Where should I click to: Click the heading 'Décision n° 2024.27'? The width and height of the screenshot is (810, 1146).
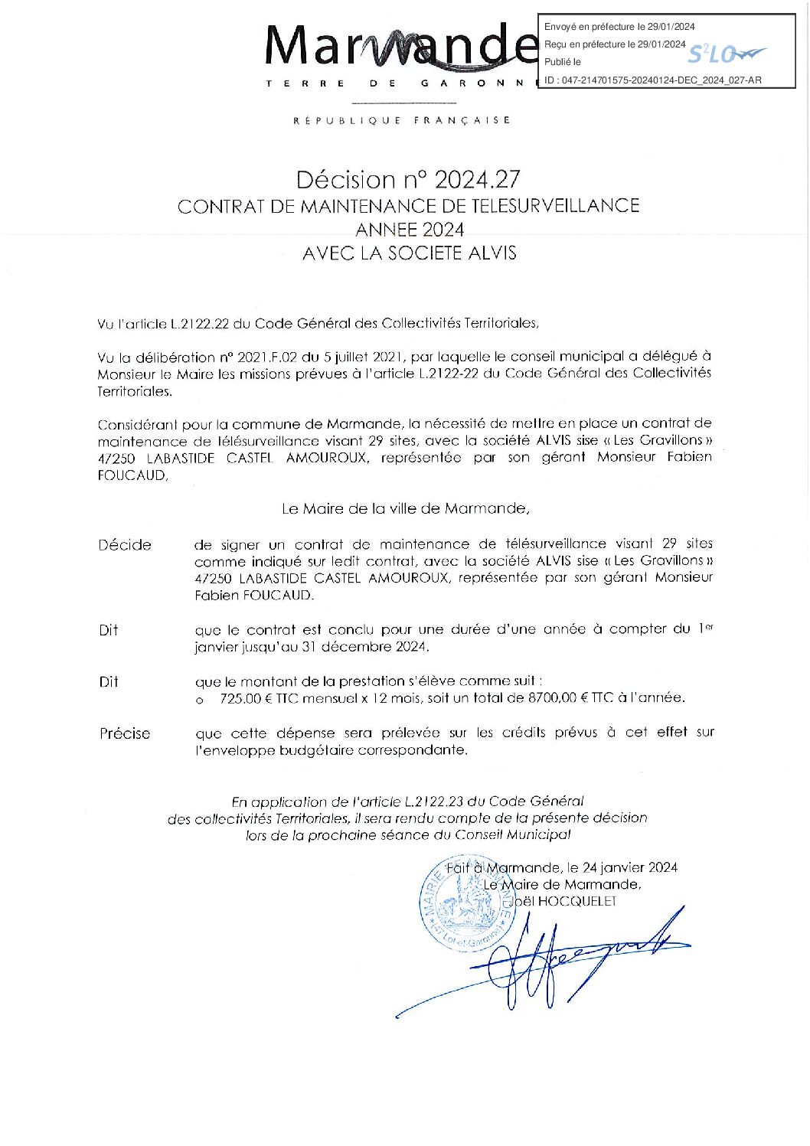408,179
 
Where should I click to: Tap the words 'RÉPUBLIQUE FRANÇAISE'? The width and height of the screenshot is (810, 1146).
402,120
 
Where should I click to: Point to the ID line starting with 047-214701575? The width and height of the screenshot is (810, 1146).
652,80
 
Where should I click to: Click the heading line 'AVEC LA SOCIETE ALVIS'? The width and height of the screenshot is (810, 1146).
409,253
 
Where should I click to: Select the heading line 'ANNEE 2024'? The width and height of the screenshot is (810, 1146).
409,230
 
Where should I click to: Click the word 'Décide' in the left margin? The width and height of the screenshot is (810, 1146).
125,545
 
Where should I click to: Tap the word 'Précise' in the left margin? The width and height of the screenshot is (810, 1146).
125,733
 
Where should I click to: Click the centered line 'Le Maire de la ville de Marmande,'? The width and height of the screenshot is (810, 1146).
405,508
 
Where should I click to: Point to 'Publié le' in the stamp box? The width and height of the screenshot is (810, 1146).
563,62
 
